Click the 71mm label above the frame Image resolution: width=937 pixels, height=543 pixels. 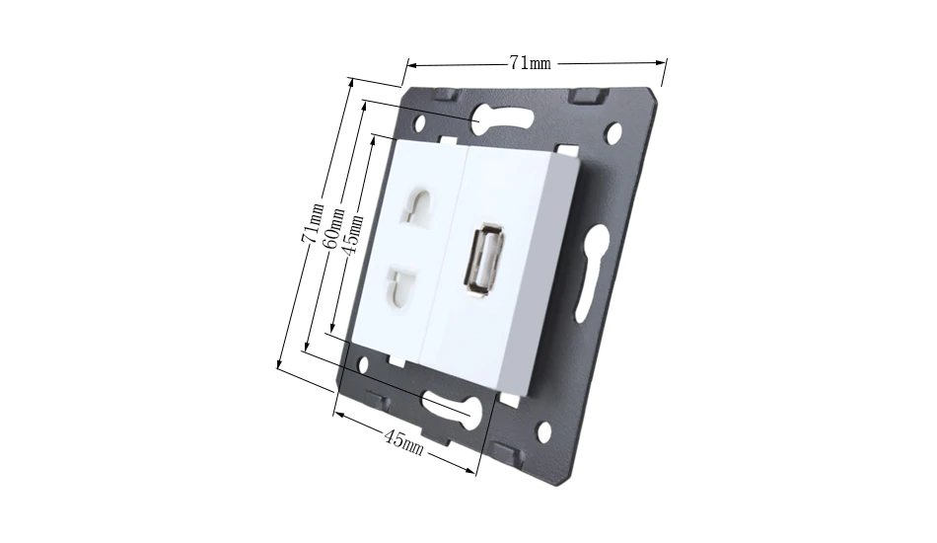tap(530, 62)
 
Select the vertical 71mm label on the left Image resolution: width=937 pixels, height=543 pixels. tap(313, 222)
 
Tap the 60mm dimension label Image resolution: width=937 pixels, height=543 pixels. tap(334, 228)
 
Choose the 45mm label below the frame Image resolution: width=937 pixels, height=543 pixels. tap(404, 443)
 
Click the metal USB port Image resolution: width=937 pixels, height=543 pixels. tap(483, 260)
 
